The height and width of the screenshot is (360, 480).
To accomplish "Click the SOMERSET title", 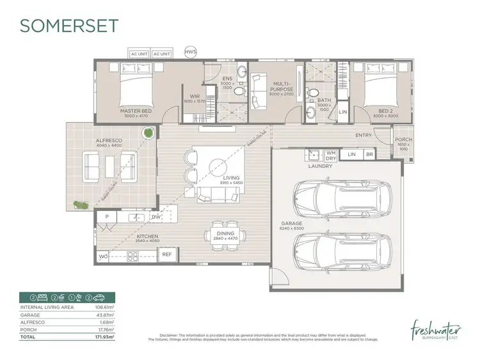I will [x=70, y=25].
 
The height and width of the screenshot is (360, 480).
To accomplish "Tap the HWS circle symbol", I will [x=191, y=51].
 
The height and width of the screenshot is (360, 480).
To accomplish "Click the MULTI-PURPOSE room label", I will [x=281, y=87].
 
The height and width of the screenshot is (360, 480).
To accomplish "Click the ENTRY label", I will [x=364, y=135].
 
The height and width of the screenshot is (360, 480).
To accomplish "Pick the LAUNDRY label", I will [x=319, y=166].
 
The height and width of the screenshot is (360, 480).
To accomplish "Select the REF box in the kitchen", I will [x=166, y=254].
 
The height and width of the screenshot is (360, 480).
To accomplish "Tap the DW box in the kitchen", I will [x=156, y=217].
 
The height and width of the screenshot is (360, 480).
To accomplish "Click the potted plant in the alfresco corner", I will [x=148, y=133].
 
